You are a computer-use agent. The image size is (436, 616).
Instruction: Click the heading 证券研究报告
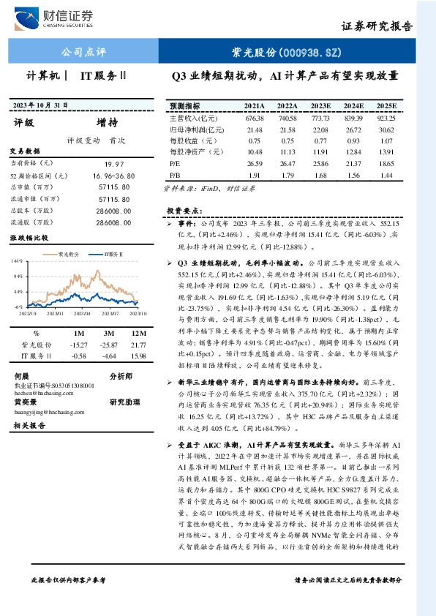click(377, 26)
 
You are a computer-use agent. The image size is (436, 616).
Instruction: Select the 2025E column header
click(386, 106)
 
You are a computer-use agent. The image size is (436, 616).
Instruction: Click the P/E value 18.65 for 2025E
click(386, 164)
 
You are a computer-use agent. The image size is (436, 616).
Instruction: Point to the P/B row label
click(174, 176)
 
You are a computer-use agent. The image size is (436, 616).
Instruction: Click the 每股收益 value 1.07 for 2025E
click(386, 140)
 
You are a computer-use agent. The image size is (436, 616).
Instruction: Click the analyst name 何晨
click(23, 375)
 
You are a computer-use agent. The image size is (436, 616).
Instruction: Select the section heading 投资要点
click(184, 210)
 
